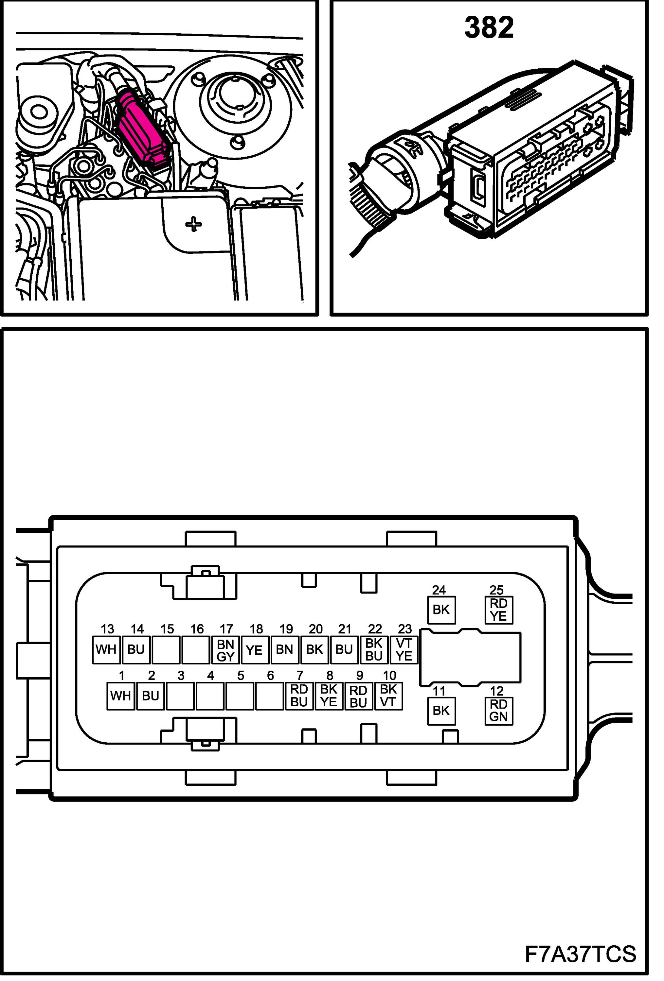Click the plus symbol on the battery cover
193,224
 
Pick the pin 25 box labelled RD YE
498,610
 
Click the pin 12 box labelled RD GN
498,711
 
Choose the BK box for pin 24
441,610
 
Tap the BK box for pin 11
441,711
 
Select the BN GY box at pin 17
225,650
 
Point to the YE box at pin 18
255,650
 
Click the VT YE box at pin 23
404,650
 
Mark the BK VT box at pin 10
388,696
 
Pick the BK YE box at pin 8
329,696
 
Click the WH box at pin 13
106,650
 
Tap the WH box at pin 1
120,696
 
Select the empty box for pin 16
196,650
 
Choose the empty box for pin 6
269,696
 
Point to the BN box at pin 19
285,650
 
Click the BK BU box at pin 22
374,650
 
